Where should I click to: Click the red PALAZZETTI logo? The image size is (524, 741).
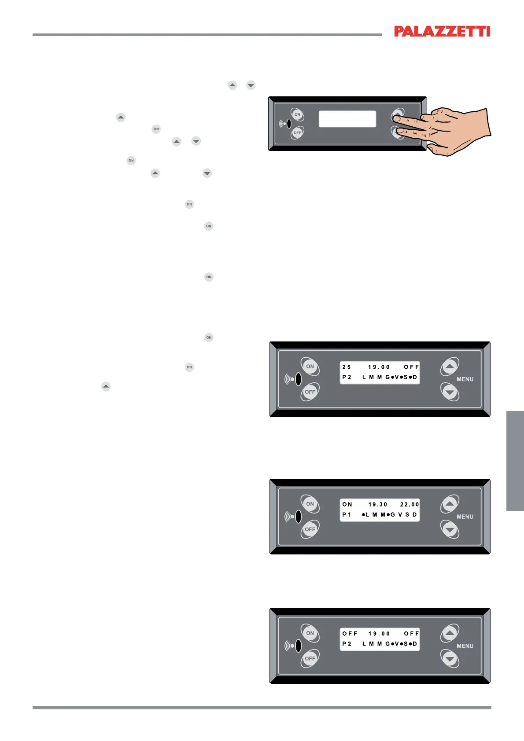(x=442, y=31)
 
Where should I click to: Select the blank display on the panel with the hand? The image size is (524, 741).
(x=347, y=119)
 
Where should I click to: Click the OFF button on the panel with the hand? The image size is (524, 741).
(x=297, y=132)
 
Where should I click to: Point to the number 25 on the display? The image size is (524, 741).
(x=347, y=367)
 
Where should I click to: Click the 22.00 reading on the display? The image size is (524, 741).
(x=410, y=505)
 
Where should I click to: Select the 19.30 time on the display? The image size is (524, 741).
(x=378, y=505)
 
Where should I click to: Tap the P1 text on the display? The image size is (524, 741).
(x=347, y=515)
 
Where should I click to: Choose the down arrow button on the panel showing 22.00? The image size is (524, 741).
(x=450, y=530)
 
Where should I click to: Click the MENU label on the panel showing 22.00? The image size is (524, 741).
(x=465, y=517)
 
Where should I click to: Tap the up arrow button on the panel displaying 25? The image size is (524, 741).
(x=450, y=366)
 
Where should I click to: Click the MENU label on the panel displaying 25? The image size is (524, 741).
(x=465, y=379)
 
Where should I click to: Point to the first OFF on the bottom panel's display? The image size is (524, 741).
(x=350, y=634)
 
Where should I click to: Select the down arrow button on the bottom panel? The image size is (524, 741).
(x=450, y=659)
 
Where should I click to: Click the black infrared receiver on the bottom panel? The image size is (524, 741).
(x=298, y=646)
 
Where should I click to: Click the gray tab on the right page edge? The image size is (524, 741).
(x=515, y=460)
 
